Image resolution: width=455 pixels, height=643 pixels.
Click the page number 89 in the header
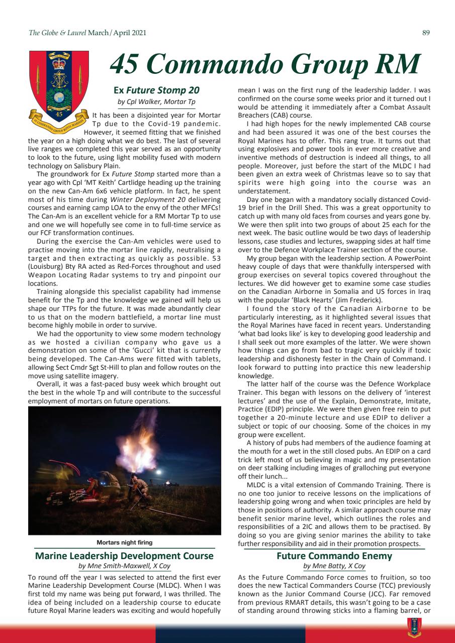[x=426, y=33]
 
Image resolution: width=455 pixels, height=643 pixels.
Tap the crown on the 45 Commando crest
[x=59, y=65]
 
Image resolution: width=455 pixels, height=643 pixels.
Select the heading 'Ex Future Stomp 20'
[x=156, y=90]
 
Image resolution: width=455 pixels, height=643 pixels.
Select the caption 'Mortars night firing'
[x=124, y=543]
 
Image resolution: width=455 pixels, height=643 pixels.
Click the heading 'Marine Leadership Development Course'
[x=124, y=556]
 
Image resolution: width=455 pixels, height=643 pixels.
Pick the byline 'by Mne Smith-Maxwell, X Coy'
[x=124, y=566]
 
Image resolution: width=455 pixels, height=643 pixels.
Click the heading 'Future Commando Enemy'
[x=334, y=556]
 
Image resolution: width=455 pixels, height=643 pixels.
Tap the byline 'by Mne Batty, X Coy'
[x=334, y=566]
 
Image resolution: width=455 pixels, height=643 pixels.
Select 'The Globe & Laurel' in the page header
[x=57, y=33]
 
